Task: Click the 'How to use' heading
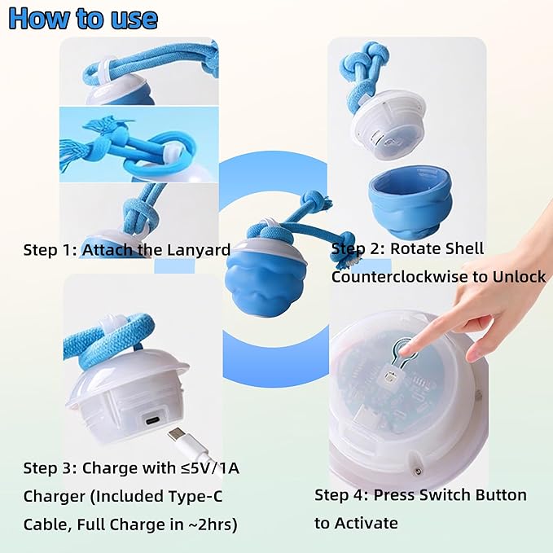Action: [83, 18]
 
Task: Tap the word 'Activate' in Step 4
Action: [356, 523]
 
